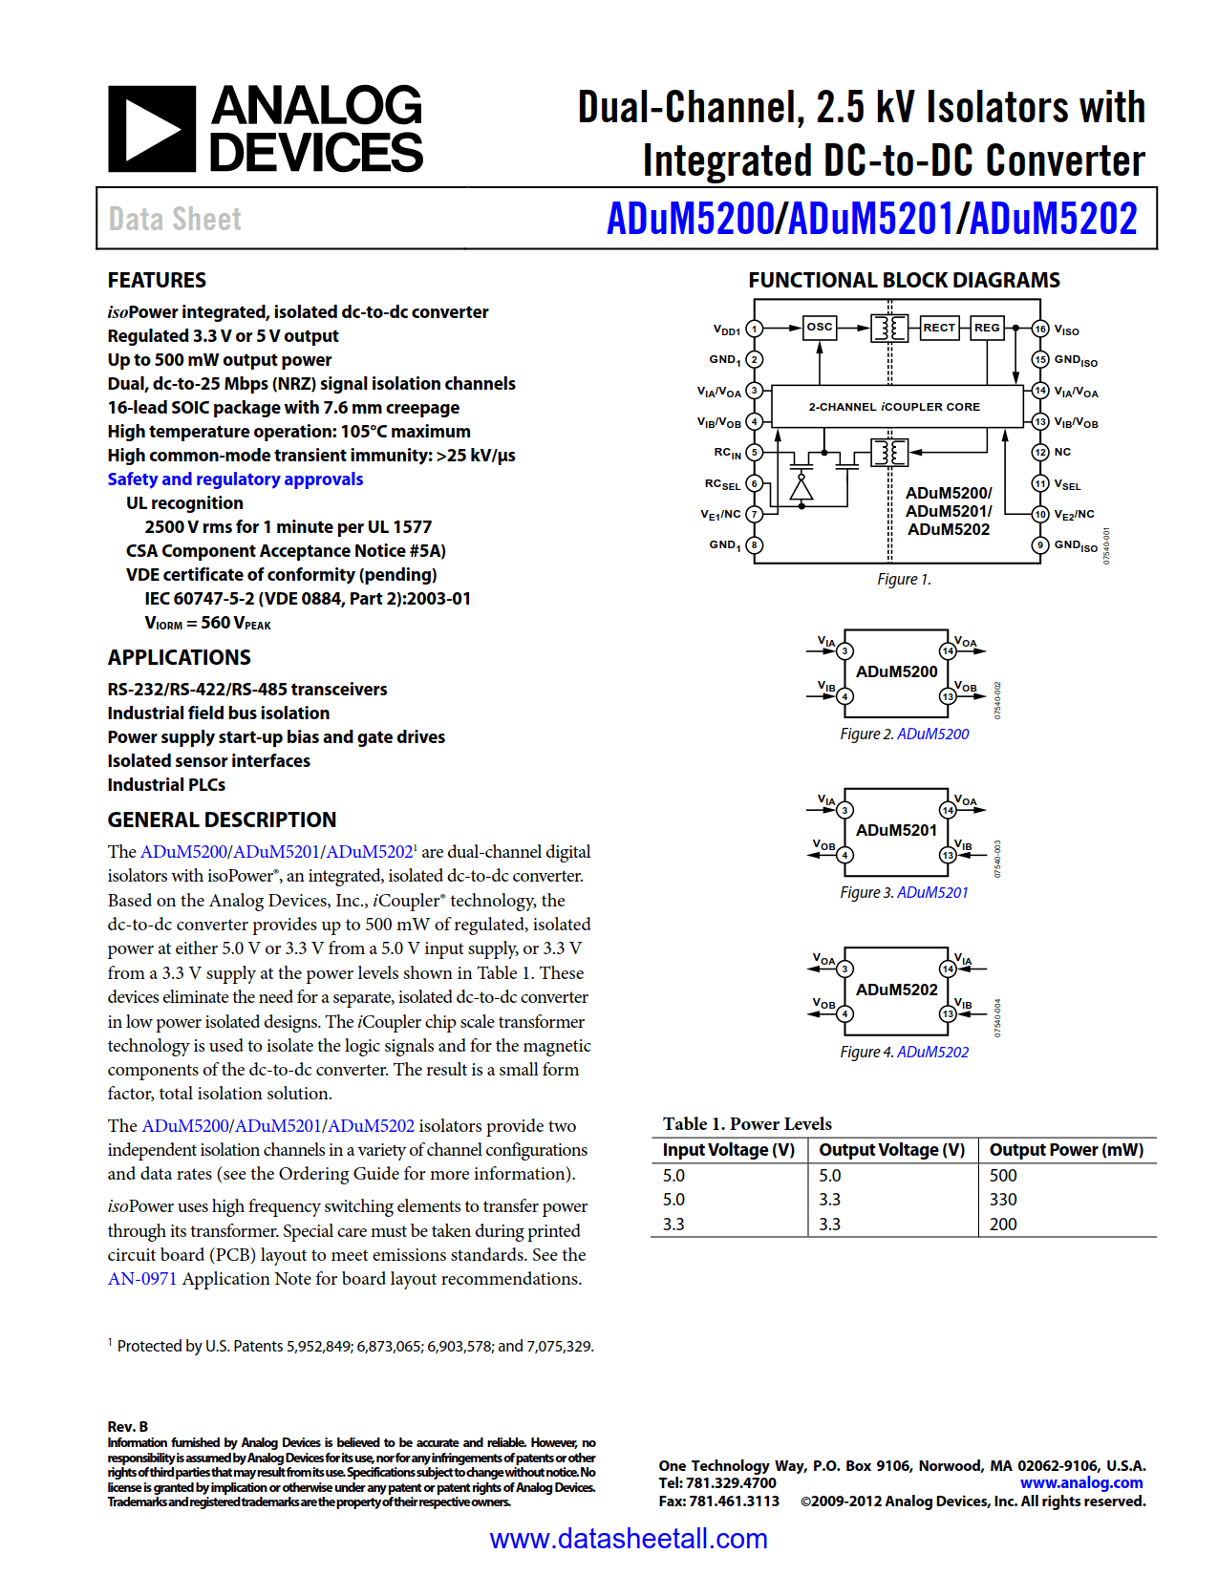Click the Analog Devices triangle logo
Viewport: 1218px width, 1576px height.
click(x=151, y=129)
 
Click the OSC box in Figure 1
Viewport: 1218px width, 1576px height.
click(x=819, y=327)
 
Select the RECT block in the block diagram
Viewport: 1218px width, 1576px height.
click(x=938, y=328)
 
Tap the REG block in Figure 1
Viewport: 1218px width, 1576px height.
click(x=987, y=328)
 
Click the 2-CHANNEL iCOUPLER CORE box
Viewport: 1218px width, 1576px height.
click(x=894, y=407)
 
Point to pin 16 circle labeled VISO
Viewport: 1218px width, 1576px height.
click(x=1040, y=329)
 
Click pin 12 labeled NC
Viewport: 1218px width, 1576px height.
click(x=1040, y=452)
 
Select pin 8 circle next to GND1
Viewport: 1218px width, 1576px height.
click(x=755, y=545)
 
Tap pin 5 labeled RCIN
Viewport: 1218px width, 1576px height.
click(x=755, y=452)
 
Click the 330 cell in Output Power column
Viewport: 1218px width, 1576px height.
click(x=1003, y=1200)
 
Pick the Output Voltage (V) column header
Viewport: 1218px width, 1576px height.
click(x=891, y=1150)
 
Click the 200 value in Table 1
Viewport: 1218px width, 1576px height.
click(x=1003, y=1225)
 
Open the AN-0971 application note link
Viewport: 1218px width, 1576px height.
click(x=142, y=1279)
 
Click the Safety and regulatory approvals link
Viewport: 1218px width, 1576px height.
click(x=235, y=479)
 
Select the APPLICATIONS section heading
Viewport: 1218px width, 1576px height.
click(x=179, y=657)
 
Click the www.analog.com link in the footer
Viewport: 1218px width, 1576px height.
click(x=1080, y=1483)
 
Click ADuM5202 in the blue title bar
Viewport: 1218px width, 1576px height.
click(x=1053, y=219)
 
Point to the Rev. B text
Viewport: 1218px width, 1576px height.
click(x=128, y=1426)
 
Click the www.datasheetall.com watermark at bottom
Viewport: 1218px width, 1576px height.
click(x=628, y=1539)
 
